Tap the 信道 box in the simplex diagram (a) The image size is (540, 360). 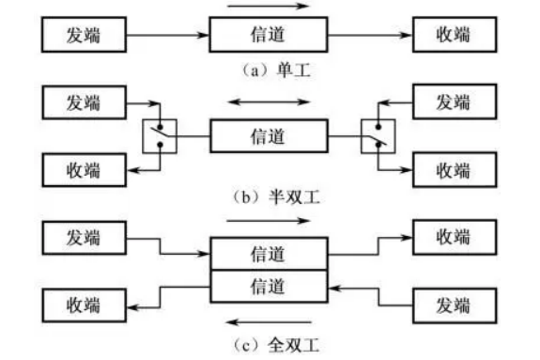[269, 37]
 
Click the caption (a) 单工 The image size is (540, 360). [270, 69]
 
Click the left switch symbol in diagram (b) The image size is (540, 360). [159, 136]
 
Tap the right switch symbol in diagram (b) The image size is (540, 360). [379, 136]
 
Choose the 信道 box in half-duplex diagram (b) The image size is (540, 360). [269, 136]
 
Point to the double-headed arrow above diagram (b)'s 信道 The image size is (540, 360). [269, 102]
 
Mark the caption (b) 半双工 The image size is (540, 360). [270, 199]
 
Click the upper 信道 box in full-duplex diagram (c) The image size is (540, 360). [269, 253]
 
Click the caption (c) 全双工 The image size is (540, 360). [270, 344]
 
